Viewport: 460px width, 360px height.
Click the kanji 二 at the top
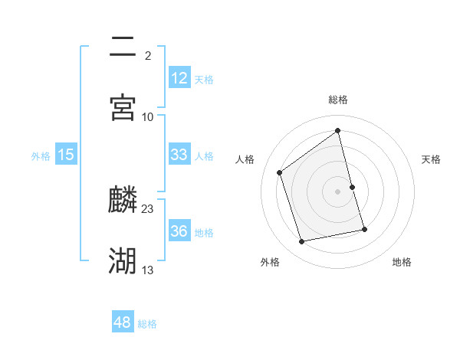tap(123, 47)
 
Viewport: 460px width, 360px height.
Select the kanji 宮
tap(123, 107)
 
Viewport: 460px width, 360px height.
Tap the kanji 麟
tap(123, 201)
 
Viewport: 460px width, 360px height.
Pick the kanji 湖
tap(123, 261)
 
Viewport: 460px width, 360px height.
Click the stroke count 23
tap(148, 209)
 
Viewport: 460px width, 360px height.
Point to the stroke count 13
tap(148, 270)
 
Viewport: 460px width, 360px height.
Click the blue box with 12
tap(179, 78)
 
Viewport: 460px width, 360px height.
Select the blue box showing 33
tap(179, 155)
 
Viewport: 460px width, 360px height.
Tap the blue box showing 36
tap(179, 231)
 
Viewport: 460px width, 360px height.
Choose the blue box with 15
tap(66, 155)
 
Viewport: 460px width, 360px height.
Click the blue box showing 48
tap(123, 322)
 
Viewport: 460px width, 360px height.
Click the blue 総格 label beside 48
tap(147, 324)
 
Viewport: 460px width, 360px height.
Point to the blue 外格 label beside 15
tap(41, 156)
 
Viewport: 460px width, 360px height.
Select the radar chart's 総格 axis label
tap(338, 100)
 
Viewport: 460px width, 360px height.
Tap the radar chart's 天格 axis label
tap(432, 159)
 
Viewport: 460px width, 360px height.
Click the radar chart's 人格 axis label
tap(245, 159)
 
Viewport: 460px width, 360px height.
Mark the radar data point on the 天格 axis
tap(352, 187)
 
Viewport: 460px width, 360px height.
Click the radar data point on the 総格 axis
tap(338, 131)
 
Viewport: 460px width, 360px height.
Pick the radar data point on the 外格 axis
tap(302, 242)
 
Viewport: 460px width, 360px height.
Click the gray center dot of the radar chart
tap(338, 191)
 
